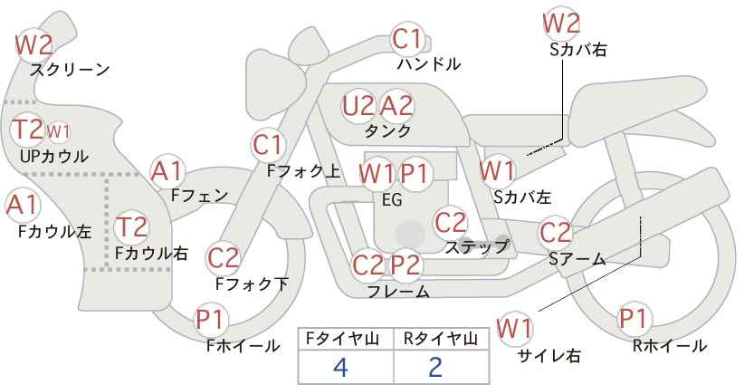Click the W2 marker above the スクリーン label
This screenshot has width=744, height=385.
point(33,45)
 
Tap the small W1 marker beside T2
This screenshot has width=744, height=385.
point(58,131)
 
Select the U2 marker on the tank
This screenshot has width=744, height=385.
point(358,106)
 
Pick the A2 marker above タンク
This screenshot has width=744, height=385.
point(396,106)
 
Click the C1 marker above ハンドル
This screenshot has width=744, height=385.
point(407,39)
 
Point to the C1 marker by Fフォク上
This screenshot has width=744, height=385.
point(269,145)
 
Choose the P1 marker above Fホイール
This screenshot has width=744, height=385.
point(210,320)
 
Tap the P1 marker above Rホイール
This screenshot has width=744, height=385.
point(634,319)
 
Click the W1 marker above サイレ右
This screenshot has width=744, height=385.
point(514,329)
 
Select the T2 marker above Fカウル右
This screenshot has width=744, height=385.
point(131,226)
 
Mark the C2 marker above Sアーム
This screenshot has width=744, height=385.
point(556,233)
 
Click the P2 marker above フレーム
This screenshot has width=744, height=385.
point(406,265)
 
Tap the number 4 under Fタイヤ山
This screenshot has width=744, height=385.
point(340,368)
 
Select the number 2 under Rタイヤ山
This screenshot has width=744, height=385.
point(435,368)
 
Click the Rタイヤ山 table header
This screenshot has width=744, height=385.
point(441,339)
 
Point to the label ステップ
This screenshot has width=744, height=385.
point(476,247)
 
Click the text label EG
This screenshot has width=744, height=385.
point(392,200)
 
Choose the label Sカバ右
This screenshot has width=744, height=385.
point(578,50)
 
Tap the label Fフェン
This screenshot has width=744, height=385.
point(199,195)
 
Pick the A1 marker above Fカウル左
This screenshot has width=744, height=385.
point(23,205)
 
